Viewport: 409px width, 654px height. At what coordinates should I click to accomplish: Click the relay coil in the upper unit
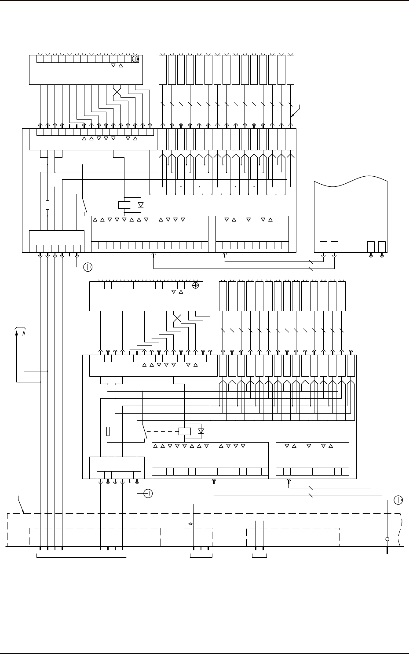124,205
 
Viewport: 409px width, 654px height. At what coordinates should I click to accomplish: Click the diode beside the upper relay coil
141,205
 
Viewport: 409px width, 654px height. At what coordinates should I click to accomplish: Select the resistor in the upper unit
47,205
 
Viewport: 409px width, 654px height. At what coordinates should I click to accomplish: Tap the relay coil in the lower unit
185,431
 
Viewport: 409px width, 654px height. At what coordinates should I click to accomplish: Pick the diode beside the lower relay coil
201,431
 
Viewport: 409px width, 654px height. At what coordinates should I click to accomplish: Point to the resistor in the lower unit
108,431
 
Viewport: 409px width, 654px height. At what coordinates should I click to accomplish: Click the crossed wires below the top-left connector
117,93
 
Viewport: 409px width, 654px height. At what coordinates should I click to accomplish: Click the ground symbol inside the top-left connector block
135,59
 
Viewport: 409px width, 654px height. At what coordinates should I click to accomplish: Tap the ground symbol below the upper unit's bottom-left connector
88,266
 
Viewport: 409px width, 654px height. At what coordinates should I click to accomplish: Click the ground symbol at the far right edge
399,500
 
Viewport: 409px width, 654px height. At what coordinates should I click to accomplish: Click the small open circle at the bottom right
387,539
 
